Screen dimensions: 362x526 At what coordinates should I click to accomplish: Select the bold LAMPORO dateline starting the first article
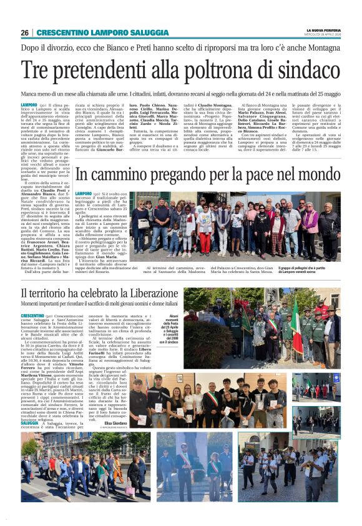point(29,104)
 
